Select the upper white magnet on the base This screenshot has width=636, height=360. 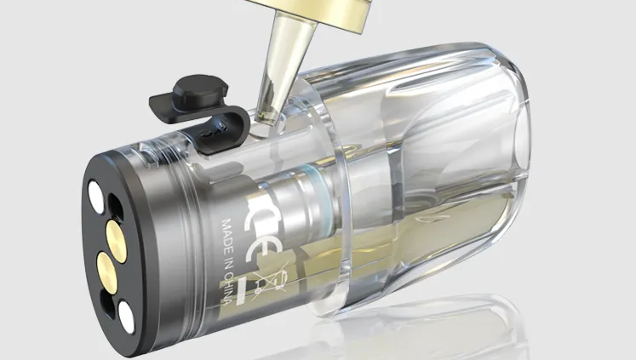pos(96,197)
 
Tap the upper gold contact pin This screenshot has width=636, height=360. pos(117,240)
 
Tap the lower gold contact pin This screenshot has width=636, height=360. pos(106,272)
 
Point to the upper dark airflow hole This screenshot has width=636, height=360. pos(115,207)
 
